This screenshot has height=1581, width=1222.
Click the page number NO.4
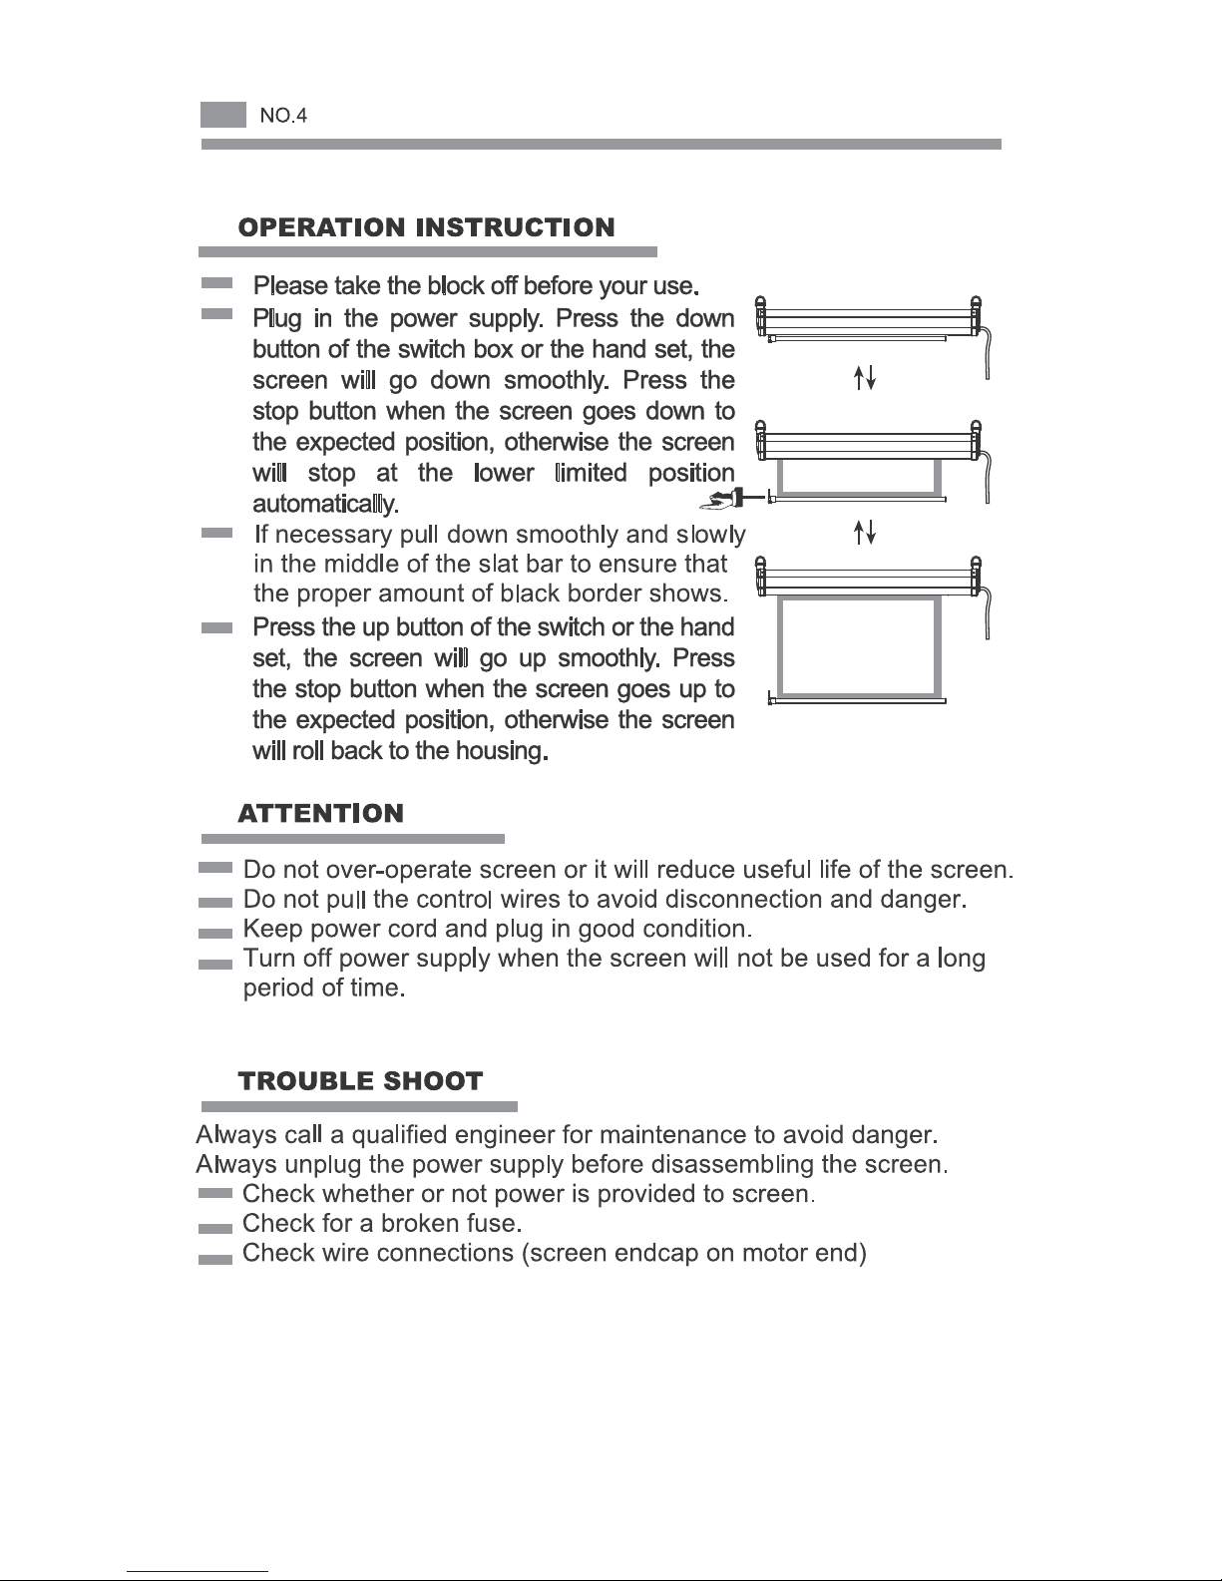(x=283, y=116)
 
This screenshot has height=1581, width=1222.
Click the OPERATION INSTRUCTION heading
(x=426, y=227)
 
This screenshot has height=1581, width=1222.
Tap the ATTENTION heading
(x=320, y=813)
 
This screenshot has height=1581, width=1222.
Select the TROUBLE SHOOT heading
(x=360, y=1081)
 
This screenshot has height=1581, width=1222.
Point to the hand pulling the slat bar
(x=719, y=496)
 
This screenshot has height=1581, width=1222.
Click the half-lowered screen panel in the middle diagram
(x=859, y=476)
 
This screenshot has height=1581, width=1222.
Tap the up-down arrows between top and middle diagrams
(x=865, y=377)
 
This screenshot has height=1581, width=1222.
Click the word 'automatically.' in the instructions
(x=325, y=503)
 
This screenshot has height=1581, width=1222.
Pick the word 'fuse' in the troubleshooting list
(x=495, y=1223)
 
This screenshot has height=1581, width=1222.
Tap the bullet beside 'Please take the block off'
(x=216, y=284)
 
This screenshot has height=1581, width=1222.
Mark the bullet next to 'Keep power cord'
(x=215, y=933)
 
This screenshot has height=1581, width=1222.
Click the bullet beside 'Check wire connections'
(x=215, y=1259)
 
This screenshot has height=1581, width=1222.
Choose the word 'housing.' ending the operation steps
(x=502, y=751)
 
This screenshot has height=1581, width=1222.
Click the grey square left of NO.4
(x=222, y=115)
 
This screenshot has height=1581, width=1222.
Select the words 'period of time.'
(x=323, y=989)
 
